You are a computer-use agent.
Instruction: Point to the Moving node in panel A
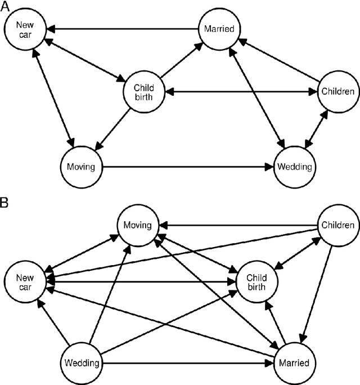click(x=83, y=167)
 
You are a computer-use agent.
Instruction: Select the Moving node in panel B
click(x=138, y=225)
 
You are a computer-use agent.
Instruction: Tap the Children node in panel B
click(x=337, y=225)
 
